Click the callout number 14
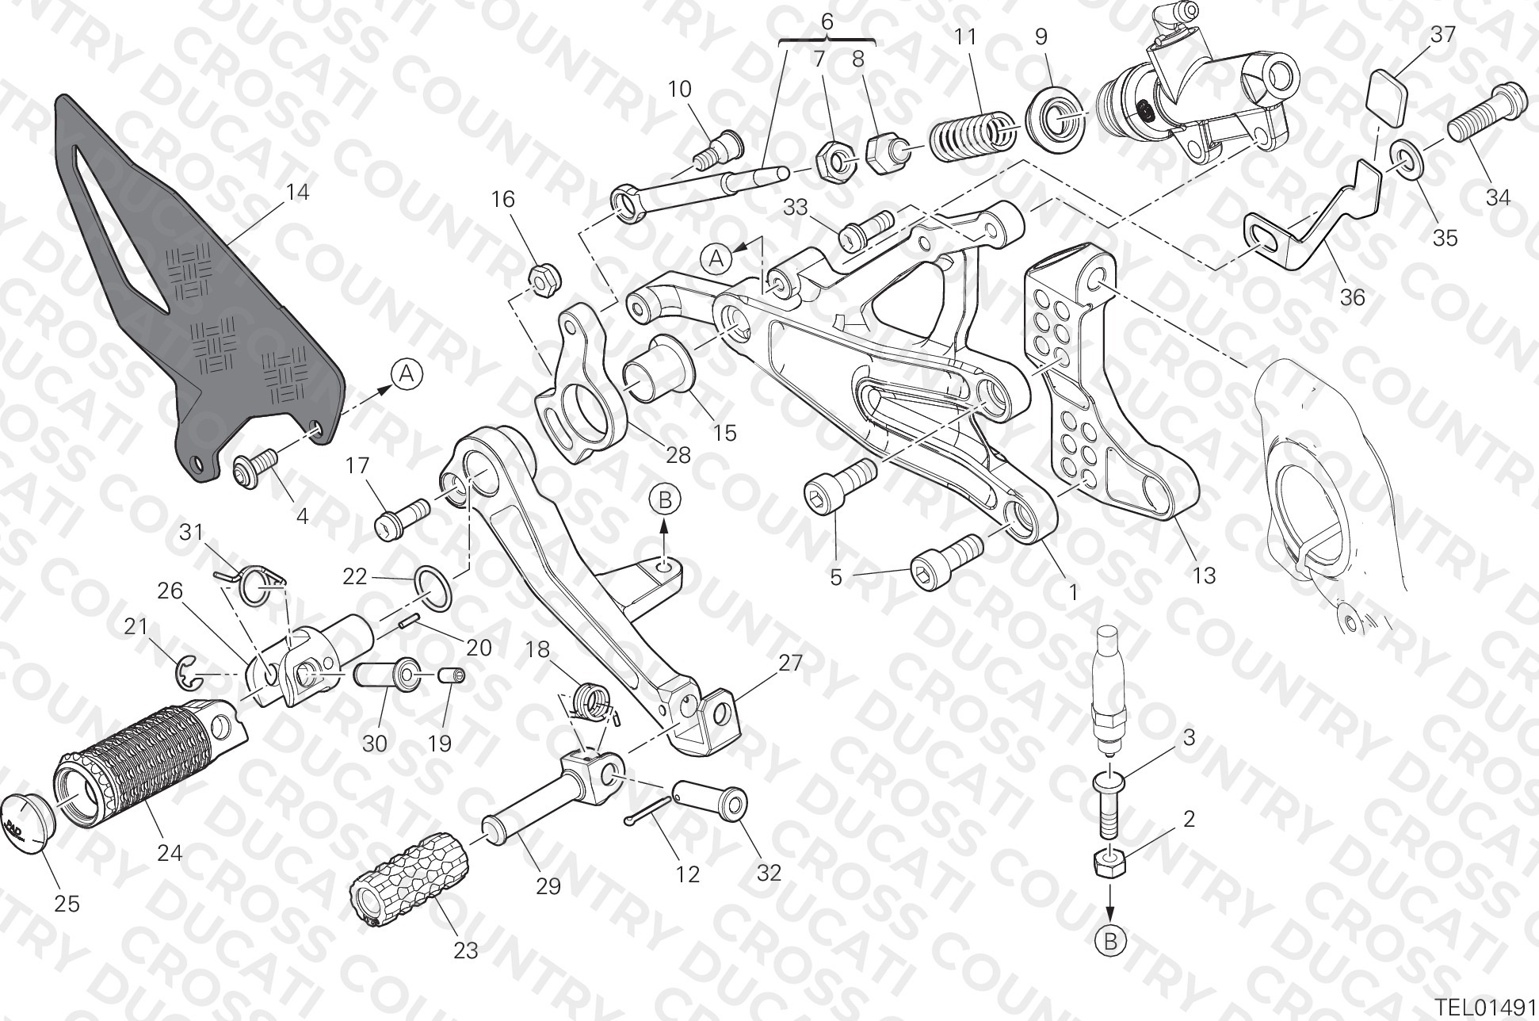click(297, 192)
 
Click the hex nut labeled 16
click(545, 278)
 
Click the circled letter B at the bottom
click(1110, 941)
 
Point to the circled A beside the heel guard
click(407, 373)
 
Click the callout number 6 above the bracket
click(827, 21)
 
